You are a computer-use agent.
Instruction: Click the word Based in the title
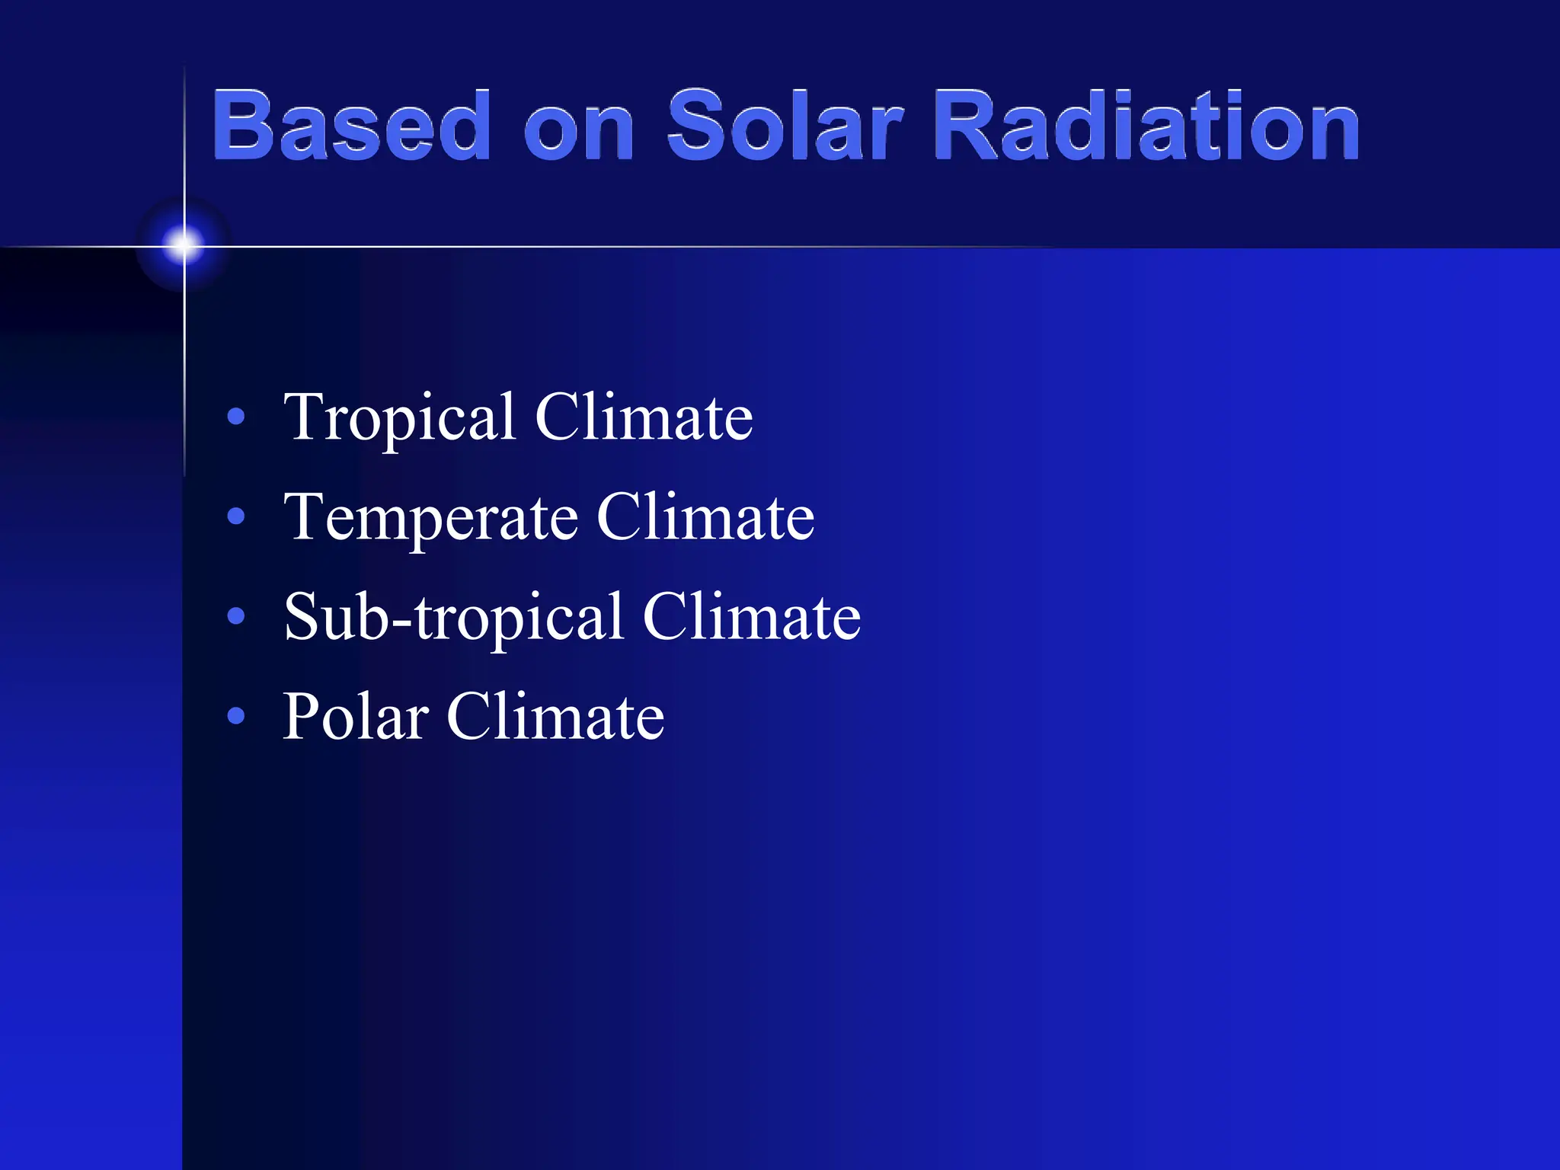tap(350, 126)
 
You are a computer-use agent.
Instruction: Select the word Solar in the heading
tap(785, 126)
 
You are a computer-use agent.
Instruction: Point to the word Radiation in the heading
tap(1146, 126)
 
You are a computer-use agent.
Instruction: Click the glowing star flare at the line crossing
tap(184, 245)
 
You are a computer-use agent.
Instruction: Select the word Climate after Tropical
tap(644, 417)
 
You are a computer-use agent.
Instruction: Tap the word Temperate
tap(430, 518)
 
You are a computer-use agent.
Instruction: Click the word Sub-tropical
tap(454, 617)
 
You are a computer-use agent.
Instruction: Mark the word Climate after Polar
tap(555, 716)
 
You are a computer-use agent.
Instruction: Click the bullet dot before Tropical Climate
tap(236, 417)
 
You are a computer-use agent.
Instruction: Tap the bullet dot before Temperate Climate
tap(236, 516)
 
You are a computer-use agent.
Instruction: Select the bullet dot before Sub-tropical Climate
tap(236, 615)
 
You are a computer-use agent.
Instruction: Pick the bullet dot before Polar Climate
tap(236, 715)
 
